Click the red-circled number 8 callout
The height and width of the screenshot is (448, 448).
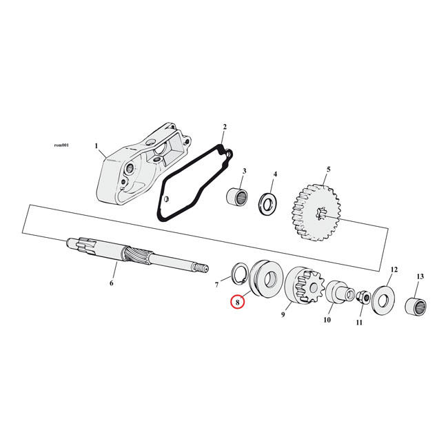click(237, 301)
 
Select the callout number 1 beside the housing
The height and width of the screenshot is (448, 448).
click(97, 146)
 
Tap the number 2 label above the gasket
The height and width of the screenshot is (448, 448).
click(224, 128)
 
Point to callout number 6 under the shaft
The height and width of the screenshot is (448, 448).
click(112, 283)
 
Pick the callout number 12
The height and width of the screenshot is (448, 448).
click(394, 269)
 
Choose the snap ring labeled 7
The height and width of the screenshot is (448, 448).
click(238, 272)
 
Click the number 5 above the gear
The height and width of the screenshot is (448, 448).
click(328, 170)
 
